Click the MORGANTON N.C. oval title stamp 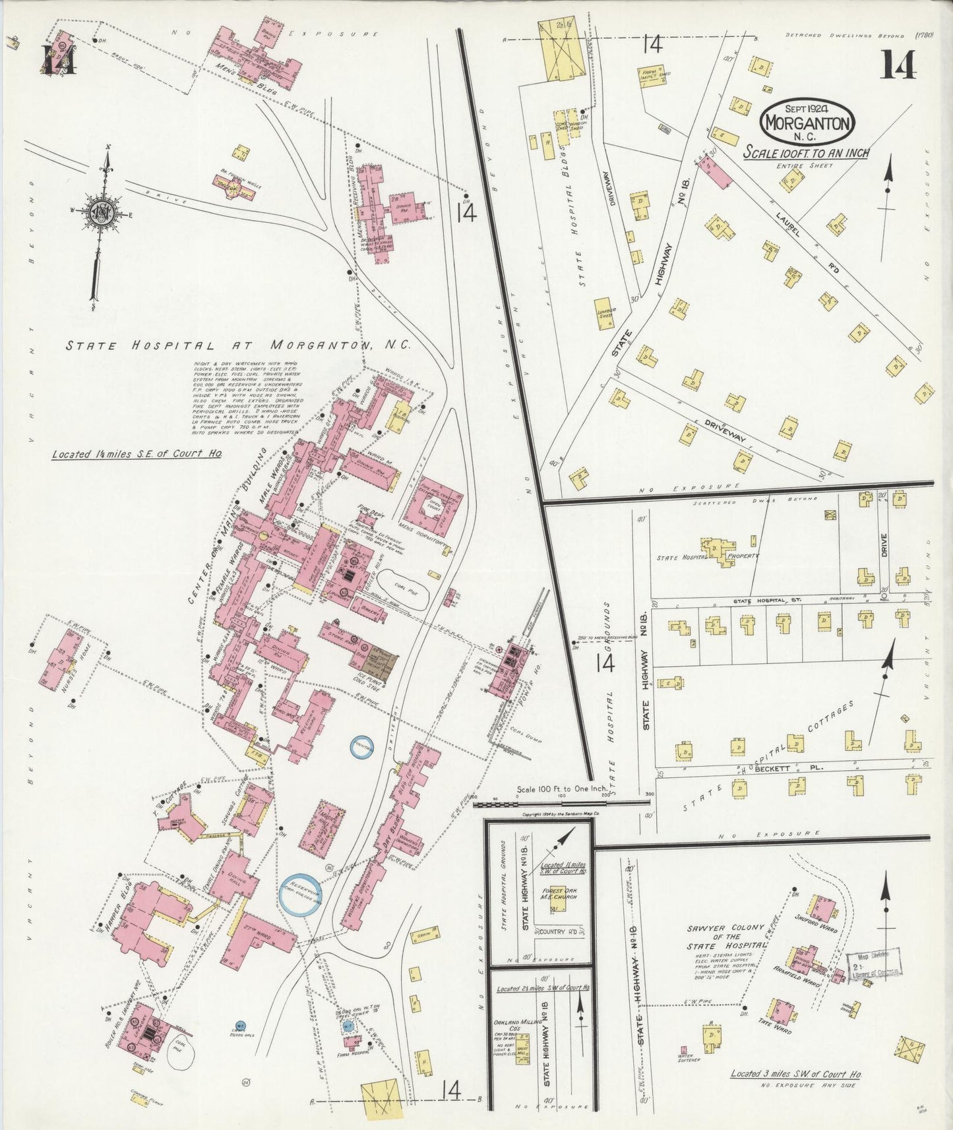pyautogui.click(x=808, y=121)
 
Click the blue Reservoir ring pyautogui.click(x=300, y=895)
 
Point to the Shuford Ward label pyautogui.click(x=816, y=926)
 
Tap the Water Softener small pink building pyautogui.click(x=683, y=1049)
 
